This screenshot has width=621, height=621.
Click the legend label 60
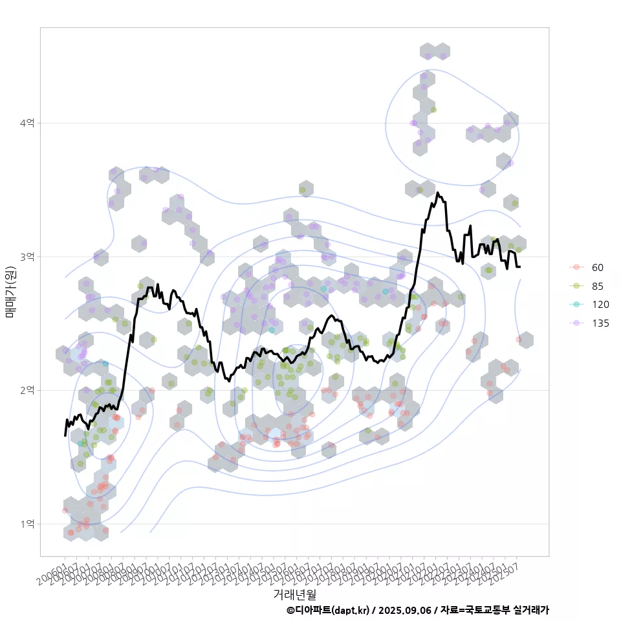tap(597, 267)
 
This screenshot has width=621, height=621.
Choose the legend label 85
tap(597, 286)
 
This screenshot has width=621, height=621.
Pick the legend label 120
tap(600, 305)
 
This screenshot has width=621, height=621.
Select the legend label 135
tap(600, 323)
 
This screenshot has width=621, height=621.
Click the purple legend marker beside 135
tap(575, 323)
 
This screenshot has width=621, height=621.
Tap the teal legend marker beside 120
tap(575, 305)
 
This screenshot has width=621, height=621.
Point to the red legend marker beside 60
tap(575, 267)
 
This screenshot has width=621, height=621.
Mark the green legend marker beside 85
tap(575, 286)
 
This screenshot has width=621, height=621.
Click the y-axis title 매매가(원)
tap(10, 291)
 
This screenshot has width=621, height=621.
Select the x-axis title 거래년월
tap(294, 593)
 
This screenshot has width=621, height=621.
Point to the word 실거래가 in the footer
tap(530, 610)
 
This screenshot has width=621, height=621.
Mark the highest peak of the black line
tap(438, 193)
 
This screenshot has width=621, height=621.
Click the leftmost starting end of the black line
tap(65, 435)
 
